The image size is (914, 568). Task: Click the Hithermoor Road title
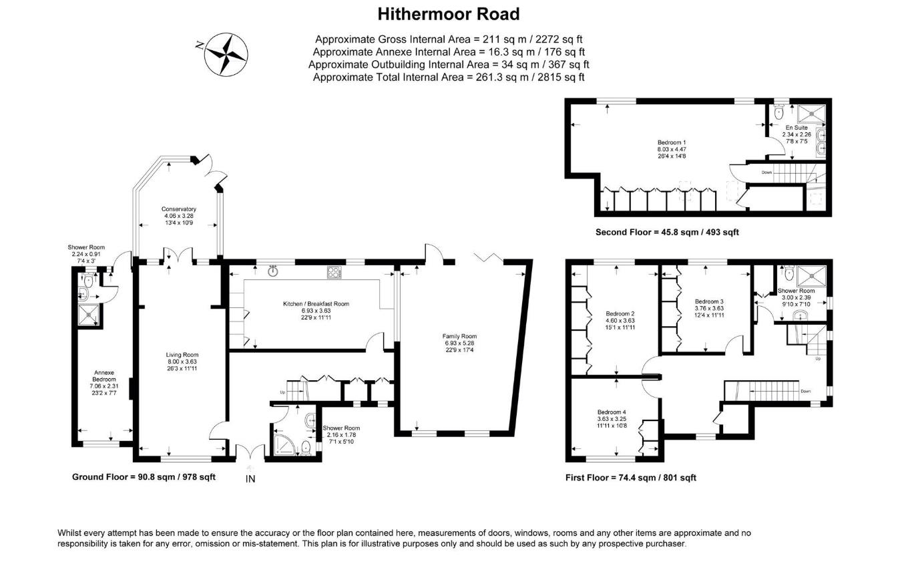click(x=448, y=13)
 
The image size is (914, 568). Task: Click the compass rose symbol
click(x=226, y=54)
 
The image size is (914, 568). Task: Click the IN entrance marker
click(x=250, y=478)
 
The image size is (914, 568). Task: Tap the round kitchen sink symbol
click(x=273, y=271)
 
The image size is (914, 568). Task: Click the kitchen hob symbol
click(x=334, y=272)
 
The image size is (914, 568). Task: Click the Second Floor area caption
click(x=667, y=233)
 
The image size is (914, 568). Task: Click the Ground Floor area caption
click(x=144, y=476)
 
